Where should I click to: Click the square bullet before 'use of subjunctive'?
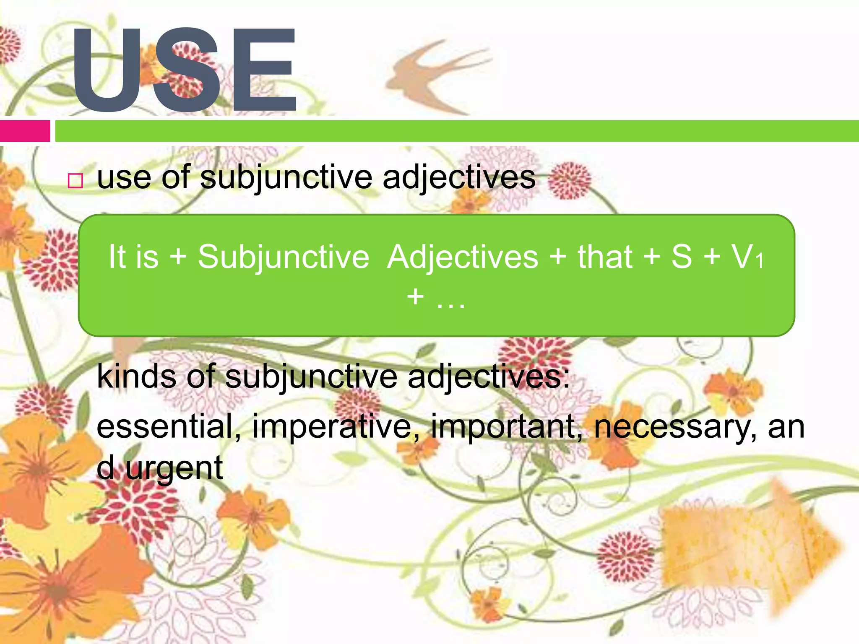click(x=75, y=181)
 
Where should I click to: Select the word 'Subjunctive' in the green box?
click(x=284, y=257)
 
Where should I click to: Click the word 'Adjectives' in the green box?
click(x=463, y=257)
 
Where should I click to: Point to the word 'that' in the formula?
click(x=605, y=257)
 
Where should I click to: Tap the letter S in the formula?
click(x=682, y=256)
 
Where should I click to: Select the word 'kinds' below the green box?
click(x=137, y=376)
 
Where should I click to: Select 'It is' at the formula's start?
click(x=133, y=257)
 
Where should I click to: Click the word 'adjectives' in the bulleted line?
click(x=459, y=177)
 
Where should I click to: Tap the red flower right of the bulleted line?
click(x=570, y=180)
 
